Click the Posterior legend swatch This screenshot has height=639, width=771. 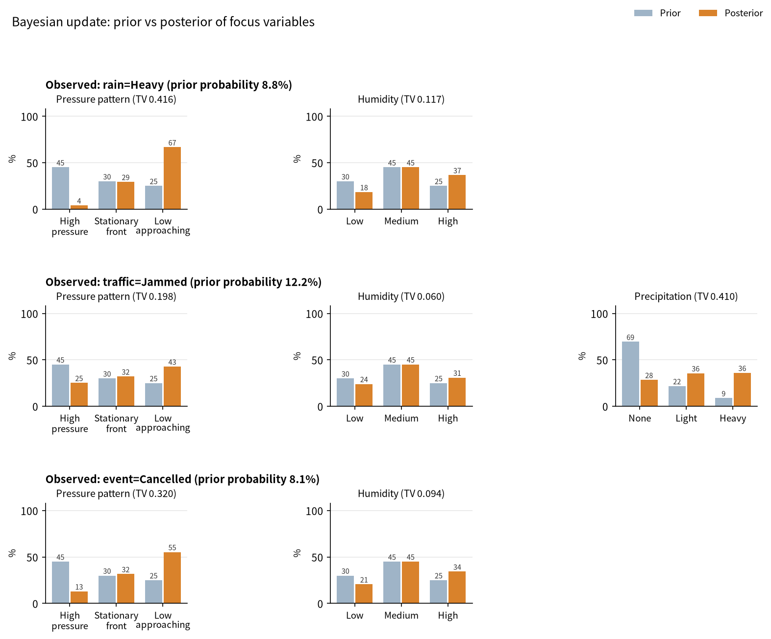pyautogui.click(x=707, y=13)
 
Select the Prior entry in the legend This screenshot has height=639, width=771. pyautogui.click(x=657, y=13)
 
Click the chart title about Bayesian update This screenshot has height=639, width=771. pyautogui.click(x=163, y=22)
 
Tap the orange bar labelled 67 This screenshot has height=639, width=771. pyautogui.click(x=172, y=178)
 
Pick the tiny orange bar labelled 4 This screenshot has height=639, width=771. pyautogui.click(x=79, y=207)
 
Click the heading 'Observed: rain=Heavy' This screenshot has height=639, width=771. pyautogui.click(x=169, y=85)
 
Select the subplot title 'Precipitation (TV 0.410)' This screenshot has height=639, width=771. pyautogui.click(x=686, y=296)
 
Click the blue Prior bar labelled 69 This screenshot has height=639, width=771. pyautogui.click(x=630, y=373)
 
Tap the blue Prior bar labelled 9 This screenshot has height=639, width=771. pyautogui.click(x=723, y=402)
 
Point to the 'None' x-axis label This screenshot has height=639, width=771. pyautogui.click(x=640, y=418)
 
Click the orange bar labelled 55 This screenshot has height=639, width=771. pyautogui.click(x=172, y=578)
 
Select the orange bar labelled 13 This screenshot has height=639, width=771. pyautogui.click(x=79, y=597)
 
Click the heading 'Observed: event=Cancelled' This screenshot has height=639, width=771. pyautogui.click(x=182, y=479)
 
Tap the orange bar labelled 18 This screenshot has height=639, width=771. pyautogui.click(x=364, y=200)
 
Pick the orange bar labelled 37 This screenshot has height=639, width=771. pyautogui.click(x=457, y=192)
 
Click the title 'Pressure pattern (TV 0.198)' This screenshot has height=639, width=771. pyautogui.click(x=116, y=296)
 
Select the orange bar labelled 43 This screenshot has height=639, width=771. pyautogui.click(x=172, y=386)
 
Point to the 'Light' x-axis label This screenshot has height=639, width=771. pyautogui.click(x=686, y=418)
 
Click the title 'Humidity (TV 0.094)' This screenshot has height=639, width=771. pyautogui.click(x=401, y=493)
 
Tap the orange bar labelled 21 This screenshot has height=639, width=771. pyautogui.click(x=364, y=593)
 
